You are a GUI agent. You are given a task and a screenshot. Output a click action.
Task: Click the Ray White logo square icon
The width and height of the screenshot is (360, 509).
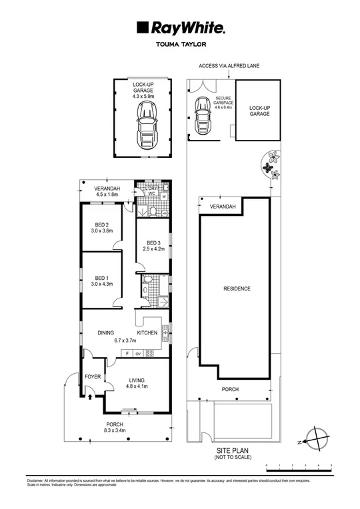(141, 27)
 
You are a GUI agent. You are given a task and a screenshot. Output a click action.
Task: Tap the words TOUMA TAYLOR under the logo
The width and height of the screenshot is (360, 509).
(180, 46)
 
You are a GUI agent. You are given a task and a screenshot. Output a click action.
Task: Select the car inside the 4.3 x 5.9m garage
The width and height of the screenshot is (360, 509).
(144, 127)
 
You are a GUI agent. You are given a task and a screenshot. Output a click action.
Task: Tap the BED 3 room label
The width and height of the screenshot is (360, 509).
(153, 243)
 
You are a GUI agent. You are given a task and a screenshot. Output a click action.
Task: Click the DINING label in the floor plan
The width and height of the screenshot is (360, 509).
(105, 332)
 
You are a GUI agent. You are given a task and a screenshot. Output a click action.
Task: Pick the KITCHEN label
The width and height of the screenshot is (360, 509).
(147, 332)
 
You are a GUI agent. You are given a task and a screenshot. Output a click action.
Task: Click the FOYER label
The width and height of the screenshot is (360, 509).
(93, 376)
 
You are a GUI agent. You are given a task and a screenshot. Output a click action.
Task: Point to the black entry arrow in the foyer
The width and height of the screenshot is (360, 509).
(91, 398)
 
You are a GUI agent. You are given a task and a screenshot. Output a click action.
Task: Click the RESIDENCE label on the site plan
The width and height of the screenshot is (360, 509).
(237, 288)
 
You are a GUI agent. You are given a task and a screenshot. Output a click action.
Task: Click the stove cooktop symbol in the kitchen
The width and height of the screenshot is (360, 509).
(150, 354)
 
